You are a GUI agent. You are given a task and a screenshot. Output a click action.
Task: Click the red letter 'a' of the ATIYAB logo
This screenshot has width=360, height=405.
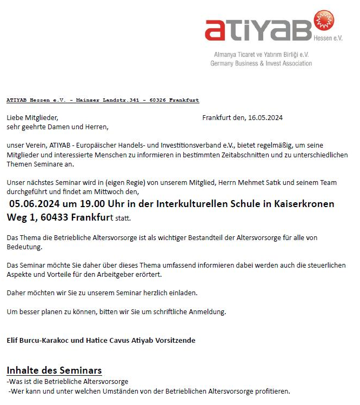(x=217, y=31)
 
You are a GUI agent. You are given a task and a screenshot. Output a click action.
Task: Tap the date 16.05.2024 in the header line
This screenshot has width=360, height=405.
(x=265, y=118)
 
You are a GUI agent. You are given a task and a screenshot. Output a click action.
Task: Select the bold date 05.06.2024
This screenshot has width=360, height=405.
(x=35, y=204)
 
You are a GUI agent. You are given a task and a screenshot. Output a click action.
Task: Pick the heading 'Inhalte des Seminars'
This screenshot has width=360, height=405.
(x=54, y=370)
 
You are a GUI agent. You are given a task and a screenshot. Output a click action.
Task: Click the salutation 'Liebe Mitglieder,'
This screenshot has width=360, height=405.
(x=32, y=118)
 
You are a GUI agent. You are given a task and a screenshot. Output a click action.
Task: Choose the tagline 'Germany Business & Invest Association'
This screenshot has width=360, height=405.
(x=261, y=64)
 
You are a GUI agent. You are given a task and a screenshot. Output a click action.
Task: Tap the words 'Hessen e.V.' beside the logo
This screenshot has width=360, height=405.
(x=328, y=38)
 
